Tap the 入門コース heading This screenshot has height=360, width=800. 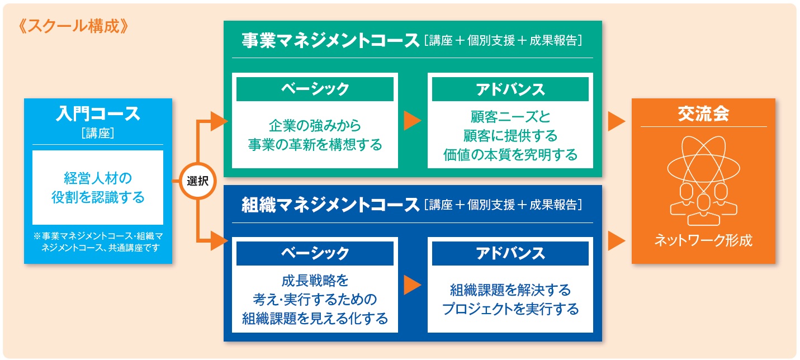pyautogui.click(x=98, y=113)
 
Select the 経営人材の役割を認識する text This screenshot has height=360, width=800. pyautogui.click(x=98, y=188)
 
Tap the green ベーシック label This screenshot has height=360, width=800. pyautogui.click(x=315, y=89)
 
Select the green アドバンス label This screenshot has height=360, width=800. pyautogui.click(x=510, y=89)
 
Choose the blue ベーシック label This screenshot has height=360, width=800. pyautogui.click(x=315, y=253)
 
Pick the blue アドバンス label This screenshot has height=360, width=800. pyautogui.click(x=510, y=253)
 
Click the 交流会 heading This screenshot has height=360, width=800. pyautogui.click(x=703, y=114)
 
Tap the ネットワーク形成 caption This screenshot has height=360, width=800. pyautogui.click(x=703, y=241)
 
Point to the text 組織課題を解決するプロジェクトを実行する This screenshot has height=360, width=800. pyautogui.click(x=510, y=299)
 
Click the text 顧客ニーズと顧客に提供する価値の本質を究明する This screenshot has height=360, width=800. pyautogui.click(x=510, y=136)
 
